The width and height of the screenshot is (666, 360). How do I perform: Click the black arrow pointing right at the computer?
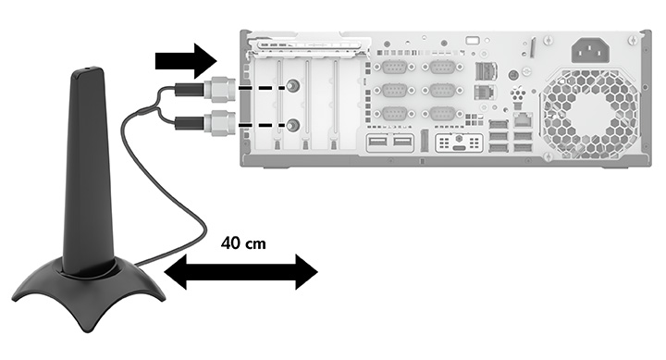184,62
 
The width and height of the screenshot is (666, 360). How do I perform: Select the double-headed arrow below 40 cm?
240,273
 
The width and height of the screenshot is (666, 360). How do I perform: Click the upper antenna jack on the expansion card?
293,86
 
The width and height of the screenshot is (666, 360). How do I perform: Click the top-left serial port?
393,68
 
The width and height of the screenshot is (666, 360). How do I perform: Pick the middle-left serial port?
393,91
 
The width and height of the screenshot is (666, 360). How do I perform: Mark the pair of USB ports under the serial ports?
390,143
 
